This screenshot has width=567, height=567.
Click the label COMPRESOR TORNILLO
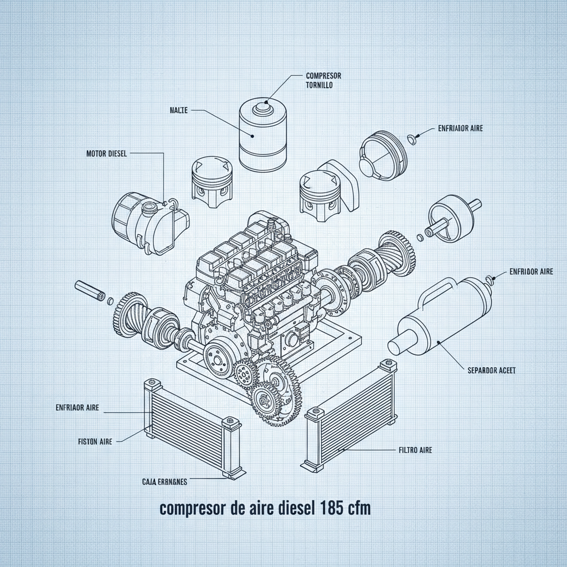click(x=323, y=80)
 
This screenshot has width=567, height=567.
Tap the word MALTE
click(x=178, y=111)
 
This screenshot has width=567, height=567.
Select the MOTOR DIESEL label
click(x=106, y=154)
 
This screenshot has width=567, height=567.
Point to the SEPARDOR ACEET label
click(x=492, y=370)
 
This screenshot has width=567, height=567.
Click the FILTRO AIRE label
click(x=415, y=450)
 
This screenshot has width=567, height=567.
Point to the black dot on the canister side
click(x=252, y=135)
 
